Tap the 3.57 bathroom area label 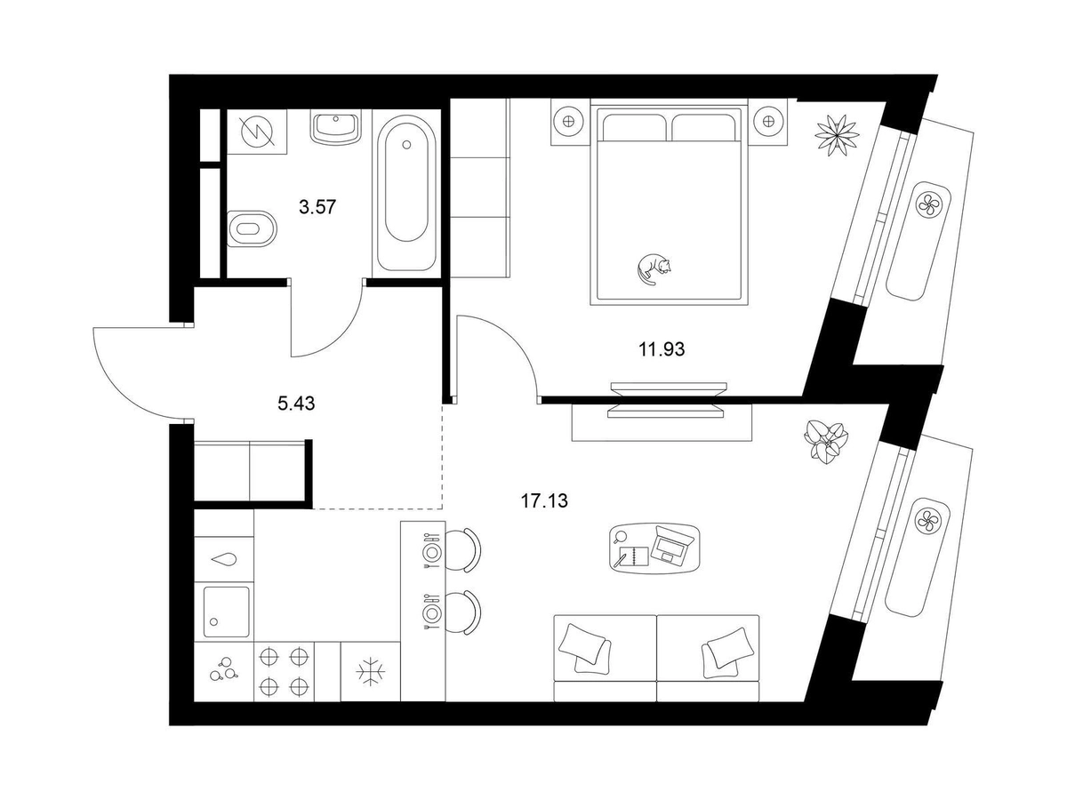click(x=317, y=207)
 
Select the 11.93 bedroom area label click(x=662, y=349)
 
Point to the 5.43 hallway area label click(x=296, y=404)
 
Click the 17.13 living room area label click(x=544, y=500)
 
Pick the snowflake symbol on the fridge click(x=371, y=672)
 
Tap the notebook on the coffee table click(x=634, y=556)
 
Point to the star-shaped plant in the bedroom click(x=837, y=135)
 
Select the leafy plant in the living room click(x=825, y=442)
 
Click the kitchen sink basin click(x=226, y=612)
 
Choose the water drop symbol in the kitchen click(x=224, y=560)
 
